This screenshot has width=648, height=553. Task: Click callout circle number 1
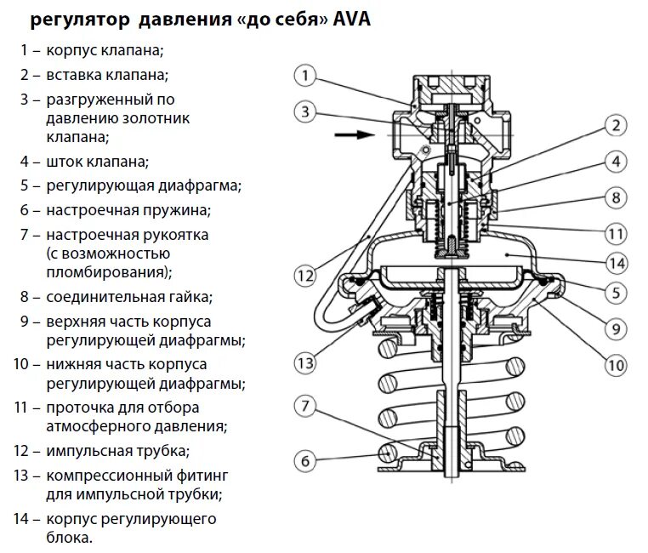(x=306, y=75)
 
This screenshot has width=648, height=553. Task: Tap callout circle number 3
(x=306, y=111)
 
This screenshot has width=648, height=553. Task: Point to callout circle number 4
(x=615, y=162)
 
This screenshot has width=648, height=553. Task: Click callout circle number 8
(x=615, y=197)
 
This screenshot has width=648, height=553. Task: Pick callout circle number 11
(x=615, y=232)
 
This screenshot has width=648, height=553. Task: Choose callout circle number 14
(x=615, y=263)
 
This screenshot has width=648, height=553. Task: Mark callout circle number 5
(x=615, y=294)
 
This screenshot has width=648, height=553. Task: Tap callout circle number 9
(x=615, y=327)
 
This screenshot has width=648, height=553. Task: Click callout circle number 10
(x=615, y=366)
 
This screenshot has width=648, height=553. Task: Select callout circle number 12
(x=306, y=275)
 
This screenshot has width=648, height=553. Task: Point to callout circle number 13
(x=306, y=363)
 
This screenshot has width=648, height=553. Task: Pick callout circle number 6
(x=306, y=462)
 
